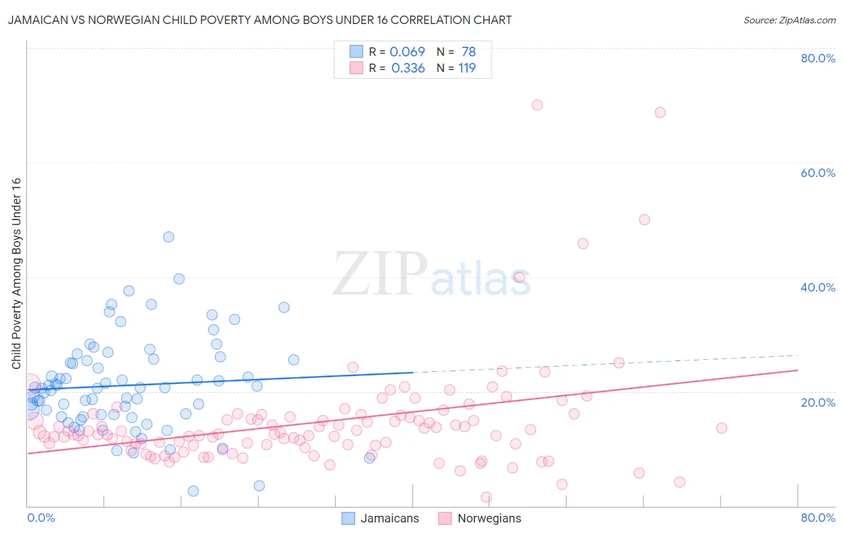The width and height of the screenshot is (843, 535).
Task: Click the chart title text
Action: tap(260, 20)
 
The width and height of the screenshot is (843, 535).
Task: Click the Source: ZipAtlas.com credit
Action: tap(789, 20)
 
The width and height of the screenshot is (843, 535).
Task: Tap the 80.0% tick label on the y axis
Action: tap(818, 58)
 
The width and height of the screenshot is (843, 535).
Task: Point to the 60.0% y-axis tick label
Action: tap(818, 173)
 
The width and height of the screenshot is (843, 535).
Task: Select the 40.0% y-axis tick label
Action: tap(818, 287)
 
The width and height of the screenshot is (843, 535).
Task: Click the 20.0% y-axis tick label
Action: tap(818, 402)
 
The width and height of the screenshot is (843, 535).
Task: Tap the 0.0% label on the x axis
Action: tap(41, 518)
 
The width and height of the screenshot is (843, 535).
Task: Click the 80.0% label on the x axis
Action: tap(818, 518)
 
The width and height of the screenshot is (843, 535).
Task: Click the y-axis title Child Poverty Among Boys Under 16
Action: tap(16, 273)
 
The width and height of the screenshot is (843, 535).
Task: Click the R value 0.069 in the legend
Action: tap(407, 52)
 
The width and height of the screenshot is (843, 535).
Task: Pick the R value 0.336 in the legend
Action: tap(408, 68)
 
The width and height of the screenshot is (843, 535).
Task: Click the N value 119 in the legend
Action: tap(467, 68)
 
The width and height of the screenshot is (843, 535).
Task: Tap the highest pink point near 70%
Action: tap(537, 105)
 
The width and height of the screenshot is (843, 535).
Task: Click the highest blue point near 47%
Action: tap(168, 237)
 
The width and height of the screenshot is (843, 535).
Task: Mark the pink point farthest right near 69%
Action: tap(660, 112)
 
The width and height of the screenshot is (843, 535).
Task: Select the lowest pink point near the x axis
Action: tap(486, 497)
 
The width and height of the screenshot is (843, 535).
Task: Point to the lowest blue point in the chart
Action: tap(193, 491)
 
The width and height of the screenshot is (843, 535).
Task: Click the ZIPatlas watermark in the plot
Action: tap(432, 274)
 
